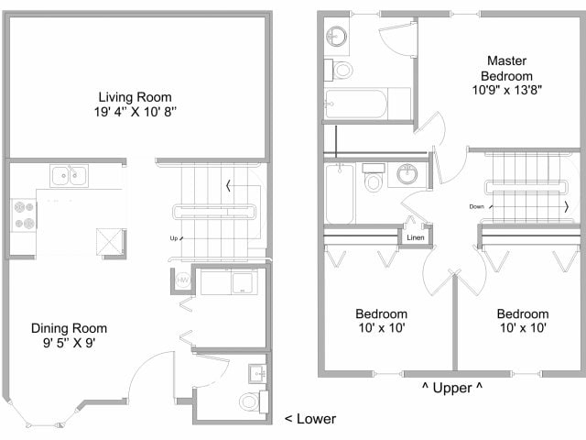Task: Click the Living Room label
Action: (x=136, y=97)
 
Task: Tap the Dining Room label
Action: (x=69, y=328)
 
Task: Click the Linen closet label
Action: (x=415, y=238)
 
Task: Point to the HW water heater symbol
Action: (x=181, y=280)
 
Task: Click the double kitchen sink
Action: (x=69, y=174)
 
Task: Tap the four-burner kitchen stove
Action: (x=23, y=216)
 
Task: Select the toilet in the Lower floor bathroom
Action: (x=248, y=401)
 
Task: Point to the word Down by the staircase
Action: (x=477, y=206)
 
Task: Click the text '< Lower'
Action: (x=309, y=419)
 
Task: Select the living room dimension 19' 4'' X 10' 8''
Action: (x=136, y=113)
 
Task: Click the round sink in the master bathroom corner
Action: (x=336, y=36)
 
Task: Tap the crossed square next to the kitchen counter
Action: (x=110, y=241)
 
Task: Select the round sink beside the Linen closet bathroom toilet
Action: (x=407, y=175)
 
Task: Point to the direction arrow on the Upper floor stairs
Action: (x=566, y=206)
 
